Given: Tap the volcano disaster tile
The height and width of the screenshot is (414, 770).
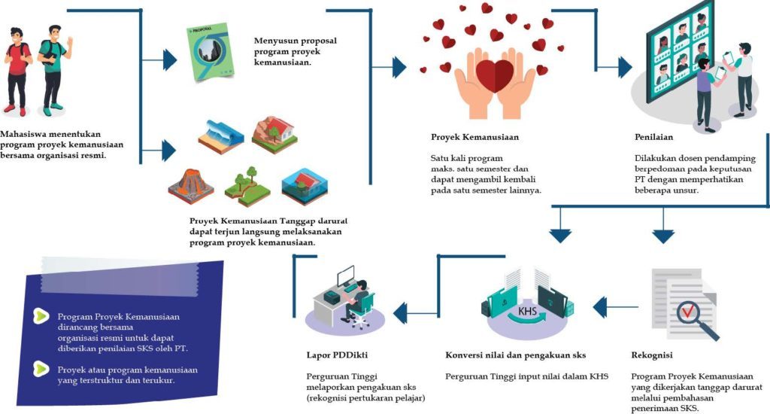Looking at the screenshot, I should [190, 184].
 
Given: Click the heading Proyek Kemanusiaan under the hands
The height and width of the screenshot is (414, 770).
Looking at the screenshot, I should [474, 138].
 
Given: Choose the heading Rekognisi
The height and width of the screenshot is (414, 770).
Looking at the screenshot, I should [652, 355].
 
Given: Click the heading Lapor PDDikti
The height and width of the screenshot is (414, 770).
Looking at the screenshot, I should [336, 355].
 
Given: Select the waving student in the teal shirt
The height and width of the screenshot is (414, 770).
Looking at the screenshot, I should [53, 68].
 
